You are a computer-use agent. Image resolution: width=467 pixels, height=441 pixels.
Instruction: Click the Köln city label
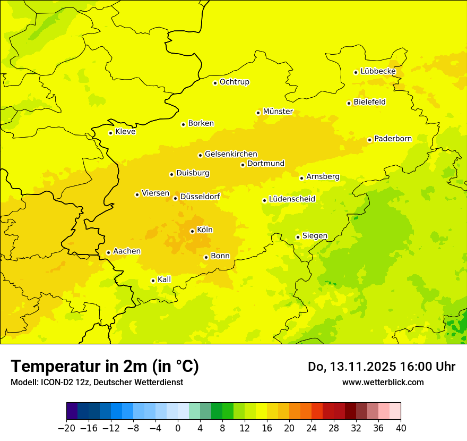(x=205, y=230)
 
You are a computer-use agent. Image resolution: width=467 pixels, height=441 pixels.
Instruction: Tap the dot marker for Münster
(x=258, y=113)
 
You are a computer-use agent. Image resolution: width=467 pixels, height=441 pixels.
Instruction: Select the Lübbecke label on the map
(x=378, y=71)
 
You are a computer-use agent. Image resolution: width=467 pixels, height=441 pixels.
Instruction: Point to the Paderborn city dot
(x=370, y=140)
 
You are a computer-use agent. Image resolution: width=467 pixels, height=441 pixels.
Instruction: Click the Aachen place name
(x=127, y=251)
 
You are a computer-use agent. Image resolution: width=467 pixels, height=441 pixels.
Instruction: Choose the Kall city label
(x=165, y=279)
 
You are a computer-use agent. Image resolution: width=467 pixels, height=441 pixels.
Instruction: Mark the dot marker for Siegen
(x=298, y=237)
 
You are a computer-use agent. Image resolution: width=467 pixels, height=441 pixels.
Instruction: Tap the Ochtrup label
(x=235, y=82)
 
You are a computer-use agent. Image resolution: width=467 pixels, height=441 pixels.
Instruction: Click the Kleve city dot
(x=111, y=133)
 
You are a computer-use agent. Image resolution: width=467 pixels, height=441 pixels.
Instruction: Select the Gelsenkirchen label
(x=231, y=154)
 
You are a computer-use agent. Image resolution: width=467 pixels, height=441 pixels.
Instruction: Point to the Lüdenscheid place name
(x=292, y=199)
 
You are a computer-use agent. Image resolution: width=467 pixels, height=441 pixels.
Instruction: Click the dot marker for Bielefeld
(x=349, y=103)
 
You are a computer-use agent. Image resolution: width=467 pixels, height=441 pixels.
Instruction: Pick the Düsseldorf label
(x=200, y=197)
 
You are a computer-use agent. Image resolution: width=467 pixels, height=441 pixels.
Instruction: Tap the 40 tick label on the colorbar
(x=401, y=428)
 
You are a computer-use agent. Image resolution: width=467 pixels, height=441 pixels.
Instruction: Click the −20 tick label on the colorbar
(x=66, y=428)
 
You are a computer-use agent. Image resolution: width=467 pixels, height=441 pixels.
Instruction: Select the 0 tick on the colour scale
(x=178, y=428)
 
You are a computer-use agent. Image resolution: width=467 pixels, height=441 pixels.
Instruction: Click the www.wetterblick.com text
(x=383, y=382)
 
